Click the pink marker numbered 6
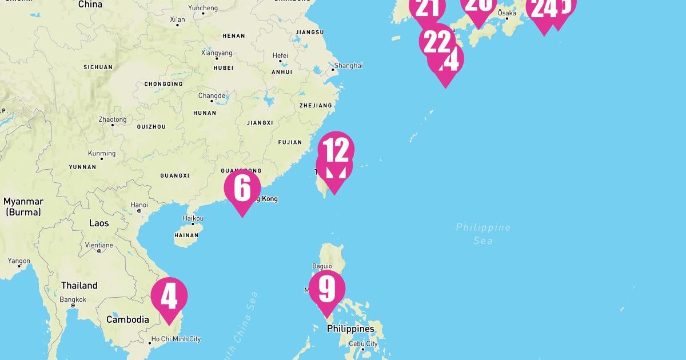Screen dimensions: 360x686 (x=242, y=189)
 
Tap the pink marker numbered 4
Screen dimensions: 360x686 (x=169, y=297)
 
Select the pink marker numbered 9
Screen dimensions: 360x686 (x=327, y=290)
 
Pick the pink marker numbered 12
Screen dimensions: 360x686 (x=336, y=150)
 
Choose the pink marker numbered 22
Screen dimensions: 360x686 (x=437, y=41)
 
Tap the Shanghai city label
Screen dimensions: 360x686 (x=348, y=66)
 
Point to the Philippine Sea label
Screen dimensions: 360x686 (x=483, y=234)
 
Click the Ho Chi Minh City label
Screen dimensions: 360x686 (x=176, y=339)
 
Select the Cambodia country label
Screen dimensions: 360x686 (x=127, y=319)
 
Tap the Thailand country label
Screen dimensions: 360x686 (x=79, y=285)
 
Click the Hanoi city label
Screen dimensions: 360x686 (x=139, y=205)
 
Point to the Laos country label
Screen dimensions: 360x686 (x=99, y=223)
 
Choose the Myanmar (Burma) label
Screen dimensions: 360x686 (x=23, y=206)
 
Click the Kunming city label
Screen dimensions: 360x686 (x=102, y=153)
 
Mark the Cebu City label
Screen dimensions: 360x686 (x=364, y=343)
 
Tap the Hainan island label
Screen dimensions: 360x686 (x=186, y=235)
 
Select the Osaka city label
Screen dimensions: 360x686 (x=506, y=13)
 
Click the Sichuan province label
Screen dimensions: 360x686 (x=98, y=67)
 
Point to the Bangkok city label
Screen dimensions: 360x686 (x=73, y=299)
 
